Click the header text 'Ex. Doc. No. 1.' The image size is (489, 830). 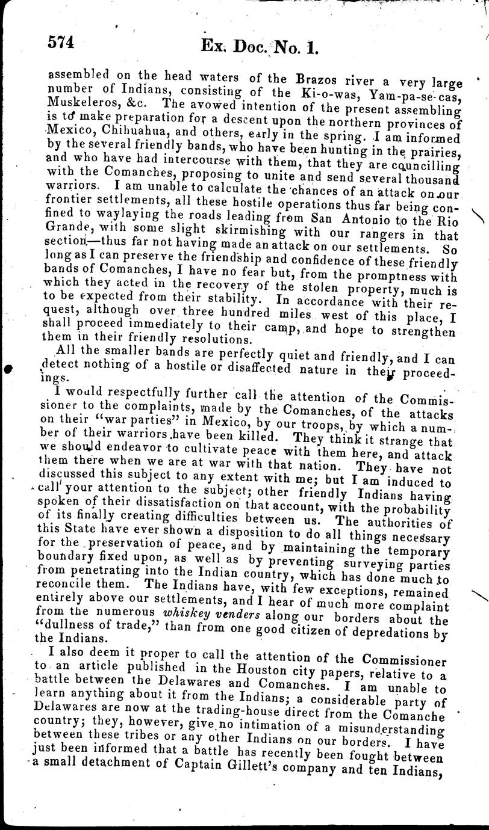263,45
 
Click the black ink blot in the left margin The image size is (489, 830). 7,368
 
